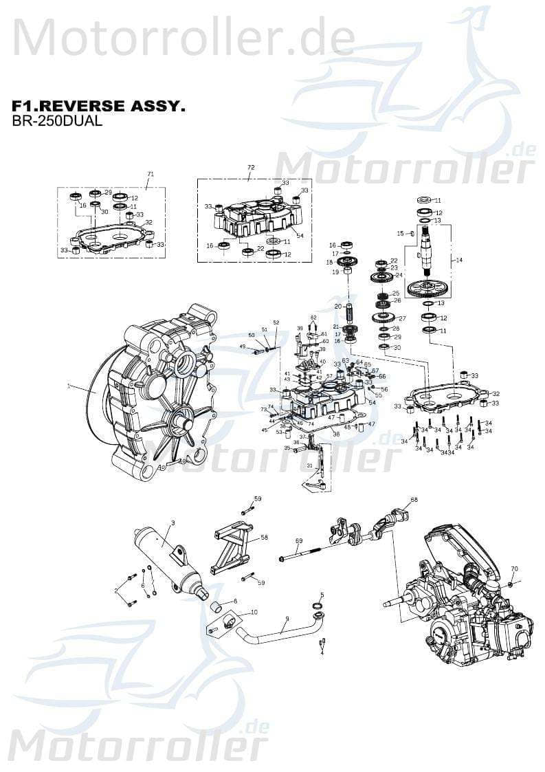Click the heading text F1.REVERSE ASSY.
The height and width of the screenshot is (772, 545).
[98, 107]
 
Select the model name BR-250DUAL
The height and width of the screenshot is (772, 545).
[57, 122]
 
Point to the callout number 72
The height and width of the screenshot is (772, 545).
[251, 168]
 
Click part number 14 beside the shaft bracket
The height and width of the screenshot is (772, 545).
[459, 260]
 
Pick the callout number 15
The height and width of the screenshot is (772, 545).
[399, 234]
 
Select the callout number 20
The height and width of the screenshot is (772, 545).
[337, 306]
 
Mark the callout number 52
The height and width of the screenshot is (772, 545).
[276, 322]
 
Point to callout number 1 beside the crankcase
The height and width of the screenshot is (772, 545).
[69, 386]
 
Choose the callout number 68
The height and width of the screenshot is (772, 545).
[414, 500]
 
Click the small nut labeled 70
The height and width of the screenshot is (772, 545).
[511, 584]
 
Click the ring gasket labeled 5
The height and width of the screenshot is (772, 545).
[318, 606]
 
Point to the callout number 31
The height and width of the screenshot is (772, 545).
[310, 466]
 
